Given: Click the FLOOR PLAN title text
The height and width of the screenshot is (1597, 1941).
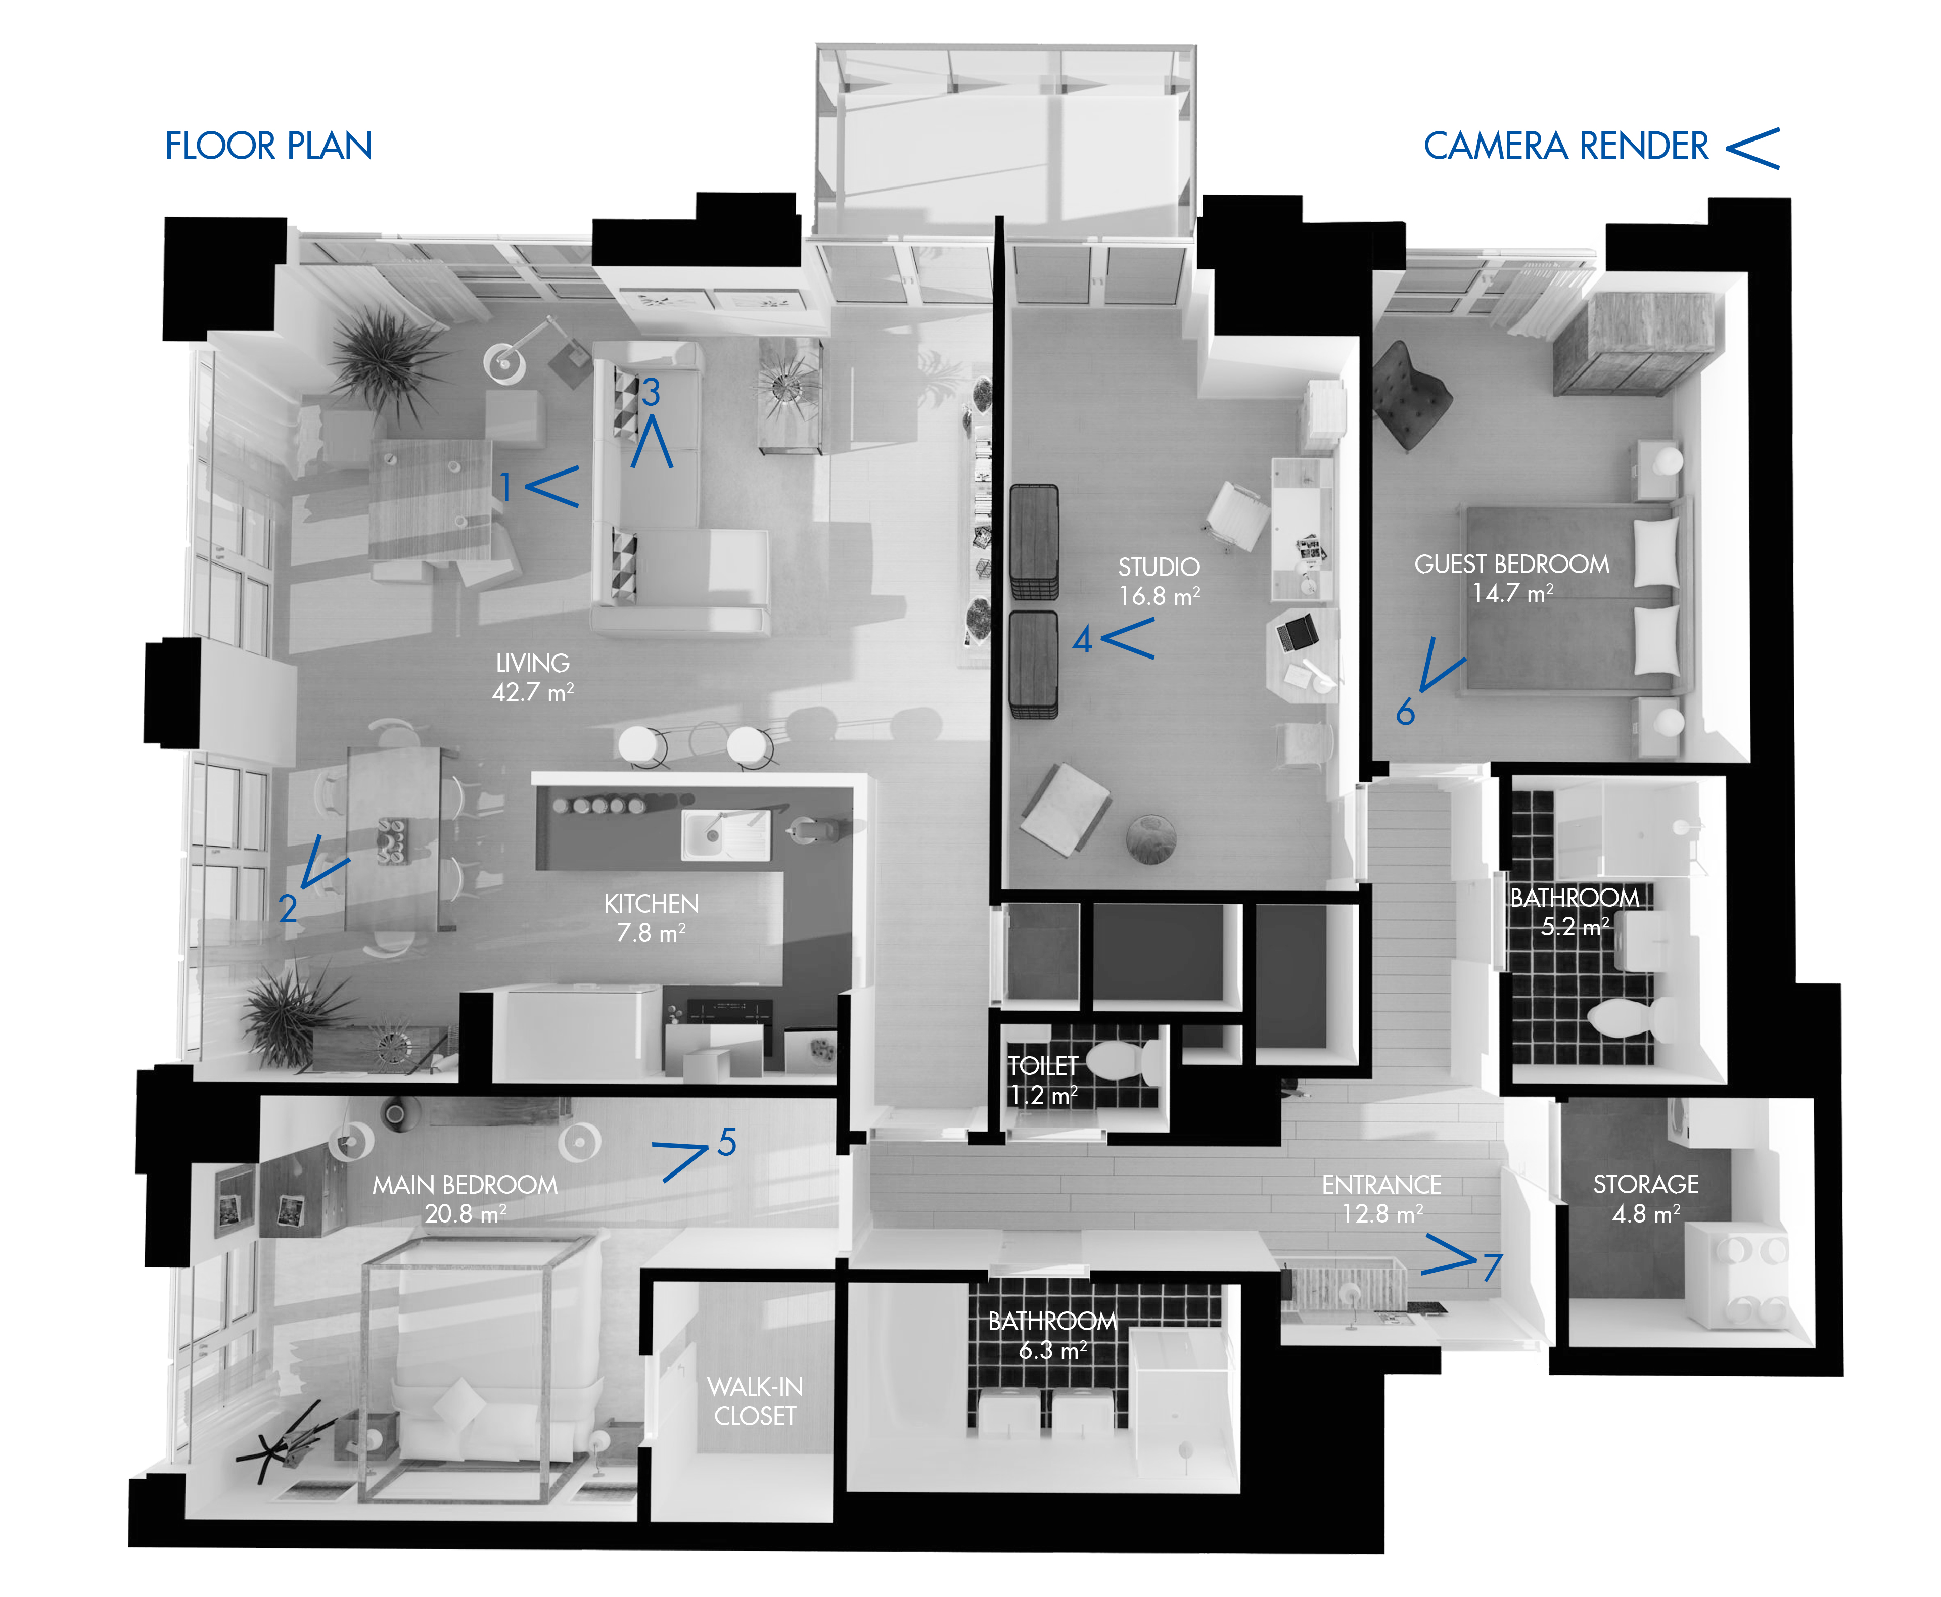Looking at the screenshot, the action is click(x=268, y=146).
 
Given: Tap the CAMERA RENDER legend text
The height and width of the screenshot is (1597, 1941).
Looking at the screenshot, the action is click(x=1565, y=146).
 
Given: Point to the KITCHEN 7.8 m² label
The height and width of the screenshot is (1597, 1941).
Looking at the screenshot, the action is click(x=651, y=917).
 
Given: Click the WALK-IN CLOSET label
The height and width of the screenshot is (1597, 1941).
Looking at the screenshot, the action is click(x=754, y=1401).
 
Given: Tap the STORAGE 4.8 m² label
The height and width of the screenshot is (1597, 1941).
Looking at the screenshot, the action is click(x=1646, y=1198).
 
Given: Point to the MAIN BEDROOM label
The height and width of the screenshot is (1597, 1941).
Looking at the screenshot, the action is click(x=465, y=1184).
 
